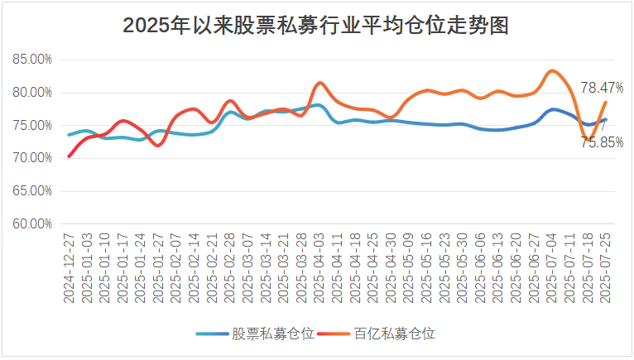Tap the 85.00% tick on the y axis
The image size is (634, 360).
pyautogui.click(x=33, y=60)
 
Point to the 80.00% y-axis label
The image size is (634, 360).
pyautogui.click(x=33, y=92)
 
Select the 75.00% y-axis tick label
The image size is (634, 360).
pyautogui.click(x=33, y=125)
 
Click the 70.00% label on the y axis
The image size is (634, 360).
pyautogui.click(x=33, y=157)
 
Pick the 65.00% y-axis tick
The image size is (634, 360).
pyautogui.click(x=33, y=190)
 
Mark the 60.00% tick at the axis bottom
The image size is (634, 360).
pyautogui.click(x=33, y=223)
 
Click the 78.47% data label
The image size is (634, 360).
pyautogui.click(x=602, y=87)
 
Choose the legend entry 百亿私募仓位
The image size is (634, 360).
pyautogui.click(x=394, y=334)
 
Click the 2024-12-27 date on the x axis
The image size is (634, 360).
pyautogui.click(x=70, y=257)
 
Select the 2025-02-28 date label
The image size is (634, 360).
pyautogui.click(x=230, y=257)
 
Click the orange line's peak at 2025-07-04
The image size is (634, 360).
pyautogui.click(x=552, y=70)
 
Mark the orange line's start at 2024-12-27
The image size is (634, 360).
pyautogui.click(x=70, y=156)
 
